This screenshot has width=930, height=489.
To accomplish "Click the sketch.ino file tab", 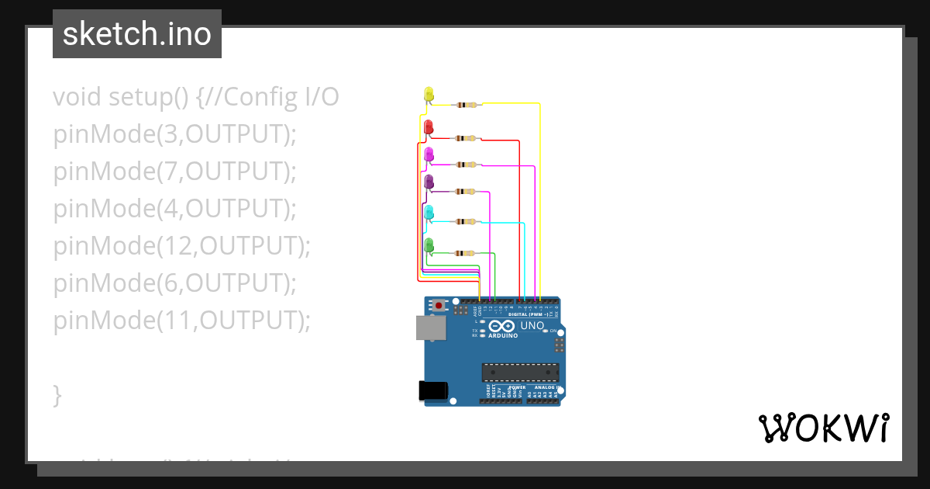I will point(136,34).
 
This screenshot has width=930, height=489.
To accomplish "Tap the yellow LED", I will point(429,94).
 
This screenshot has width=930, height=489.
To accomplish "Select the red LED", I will point(429,127).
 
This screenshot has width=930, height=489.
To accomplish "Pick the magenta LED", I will point(429,154).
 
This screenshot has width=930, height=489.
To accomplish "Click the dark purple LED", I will point(429,182).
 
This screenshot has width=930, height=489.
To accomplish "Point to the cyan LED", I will point(429,213).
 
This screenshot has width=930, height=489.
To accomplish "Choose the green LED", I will point(429,245).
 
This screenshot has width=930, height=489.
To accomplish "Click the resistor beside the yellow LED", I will point(467,104).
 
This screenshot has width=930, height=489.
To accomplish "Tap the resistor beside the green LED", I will point(467,253).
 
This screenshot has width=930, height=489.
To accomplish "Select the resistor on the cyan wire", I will point(467,222).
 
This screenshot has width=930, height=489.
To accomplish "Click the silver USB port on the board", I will point(430,328).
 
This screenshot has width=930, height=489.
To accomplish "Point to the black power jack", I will point(433,390).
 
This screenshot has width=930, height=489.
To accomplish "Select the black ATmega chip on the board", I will point(519,373).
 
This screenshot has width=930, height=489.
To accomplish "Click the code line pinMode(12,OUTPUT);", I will point(181,246).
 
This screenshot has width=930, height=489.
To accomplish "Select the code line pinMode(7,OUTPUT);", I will point(175,172).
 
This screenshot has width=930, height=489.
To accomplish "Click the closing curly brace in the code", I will point(57,395).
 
